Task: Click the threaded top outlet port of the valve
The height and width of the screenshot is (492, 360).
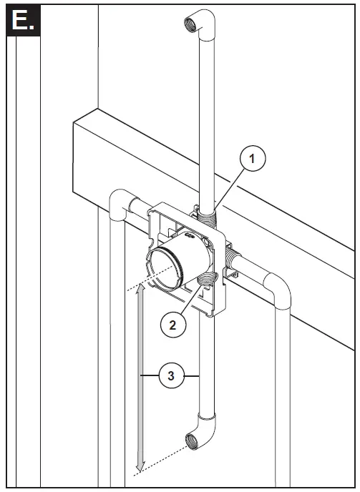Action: (202, 212)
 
